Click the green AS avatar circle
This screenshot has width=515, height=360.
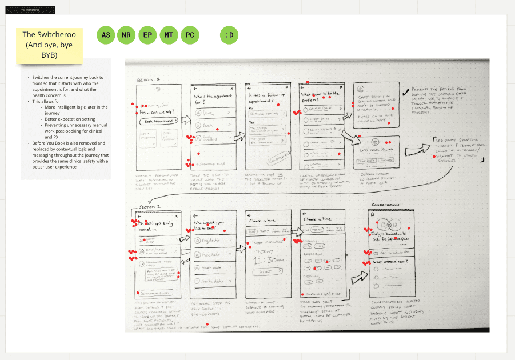[x=106, y=35]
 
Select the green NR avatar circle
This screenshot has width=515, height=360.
[x=126, y=35]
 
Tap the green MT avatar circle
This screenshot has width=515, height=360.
[x=169, y=35]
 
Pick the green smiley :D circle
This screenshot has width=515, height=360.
[x=229, y=35]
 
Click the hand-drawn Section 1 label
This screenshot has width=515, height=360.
[x=148, y=80]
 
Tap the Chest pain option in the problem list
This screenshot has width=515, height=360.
[x=318, y=119]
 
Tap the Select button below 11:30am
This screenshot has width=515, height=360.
[x=265, y=272]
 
